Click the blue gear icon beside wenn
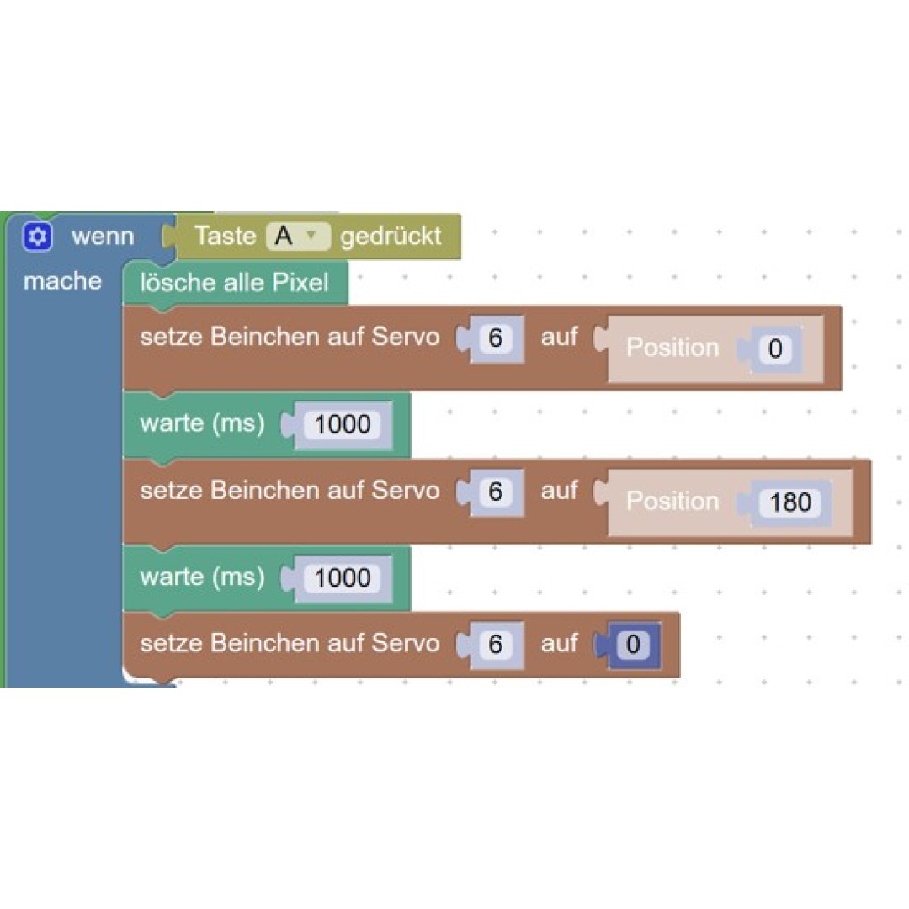click(x=38, y=237)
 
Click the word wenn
click(x=103, y=237)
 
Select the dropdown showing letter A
click(x=298, y=236)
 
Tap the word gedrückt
click(x=391, y=236)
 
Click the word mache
click(x=62, y=281)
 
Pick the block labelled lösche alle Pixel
click(x=236, y=282)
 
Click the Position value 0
click(x=775, y=348)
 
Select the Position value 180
click(x=790, y=502)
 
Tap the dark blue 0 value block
click(x=633, y=644)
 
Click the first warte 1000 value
click(x=342, y=424)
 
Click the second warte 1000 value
click(x=342, y=578)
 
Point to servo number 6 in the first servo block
click(x=495, y=338)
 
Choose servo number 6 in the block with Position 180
click(x=495, y=492)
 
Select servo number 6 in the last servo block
click(x=495, y=644)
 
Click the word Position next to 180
click(x=672, y=501)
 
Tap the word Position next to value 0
click(x=672, y=348)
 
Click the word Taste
click(x=225, y=236)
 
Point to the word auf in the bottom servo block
click(x=559, y=643)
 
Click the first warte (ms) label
click(x=202, y=423)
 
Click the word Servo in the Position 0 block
click(x=405, y=337)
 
